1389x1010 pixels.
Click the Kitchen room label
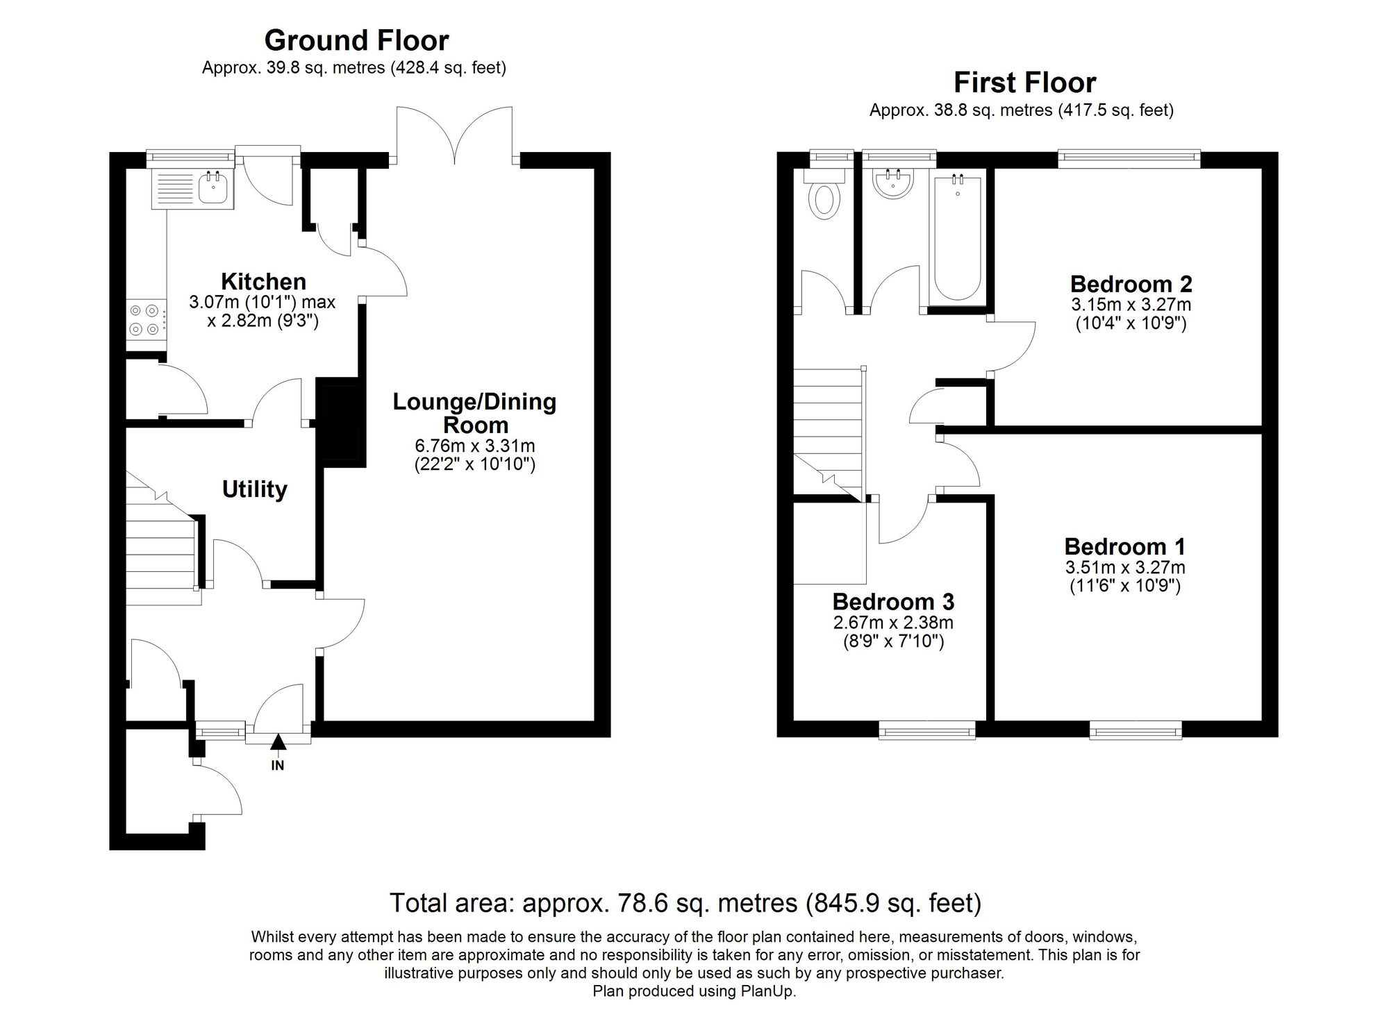[263, 282]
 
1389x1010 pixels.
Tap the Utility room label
[254, 489]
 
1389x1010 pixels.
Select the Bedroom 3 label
[893, 601]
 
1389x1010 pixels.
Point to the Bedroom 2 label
[1131, 284]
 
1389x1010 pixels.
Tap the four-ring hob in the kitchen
[146, 321]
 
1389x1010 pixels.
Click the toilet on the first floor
[825, 194]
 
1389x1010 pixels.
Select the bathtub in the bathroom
[958, 238]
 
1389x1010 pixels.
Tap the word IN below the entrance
[278, 766]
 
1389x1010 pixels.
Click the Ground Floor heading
[356, 40]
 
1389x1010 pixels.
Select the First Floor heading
[1024, 83]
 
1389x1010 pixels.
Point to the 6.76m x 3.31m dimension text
[475, 446]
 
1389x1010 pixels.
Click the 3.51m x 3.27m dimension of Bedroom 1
[1125, 568]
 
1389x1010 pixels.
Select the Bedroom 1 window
[1136, 729]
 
